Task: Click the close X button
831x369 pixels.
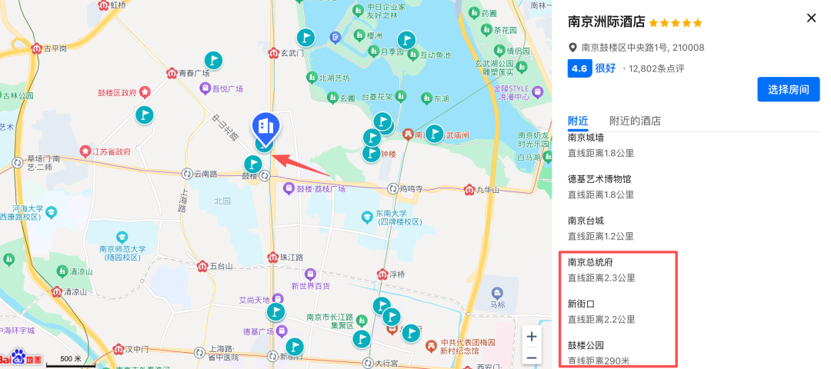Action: pos(811,18)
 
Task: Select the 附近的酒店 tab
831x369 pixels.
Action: pos(635,121)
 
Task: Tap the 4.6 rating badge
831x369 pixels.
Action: pos(579,68)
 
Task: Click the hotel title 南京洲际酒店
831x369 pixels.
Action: pos(606,22)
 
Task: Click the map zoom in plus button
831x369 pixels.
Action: pos(531,337)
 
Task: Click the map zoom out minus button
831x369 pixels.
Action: pos(531,357)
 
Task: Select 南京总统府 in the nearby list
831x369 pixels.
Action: pos(590,262)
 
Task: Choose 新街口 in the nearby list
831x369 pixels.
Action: pos(581,304)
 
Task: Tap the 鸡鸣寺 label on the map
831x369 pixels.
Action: pos(412,189)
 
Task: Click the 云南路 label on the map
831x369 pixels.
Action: pos(206,175)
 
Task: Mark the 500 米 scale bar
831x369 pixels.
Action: pos(71,359)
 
